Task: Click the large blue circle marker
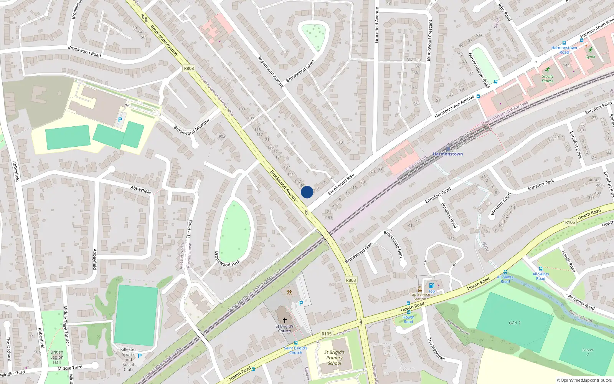(307, 192)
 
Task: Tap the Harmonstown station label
(448, 154)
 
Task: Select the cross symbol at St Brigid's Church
(285, 320)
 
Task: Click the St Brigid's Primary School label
(334, 358)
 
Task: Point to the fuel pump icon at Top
(431, 285)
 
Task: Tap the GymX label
(590, 57)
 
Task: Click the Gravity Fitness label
(548, 79)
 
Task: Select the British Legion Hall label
(57, 357)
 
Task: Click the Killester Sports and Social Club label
(128, 359)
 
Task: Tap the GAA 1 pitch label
(515, 323)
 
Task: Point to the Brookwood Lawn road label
(300, 71)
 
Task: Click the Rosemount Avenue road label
(271, 72)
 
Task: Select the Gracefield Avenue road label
(376, 25)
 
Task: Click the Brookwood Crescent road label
(429, 40)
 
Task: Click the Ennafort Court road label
(501, 203)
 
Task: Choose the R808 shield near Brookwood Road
(189, 68)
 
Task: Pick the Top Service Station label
(420, 297)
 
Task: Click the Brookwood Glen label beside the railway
(359, 253)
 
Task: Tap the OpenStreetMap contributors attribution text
(584, 380)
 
